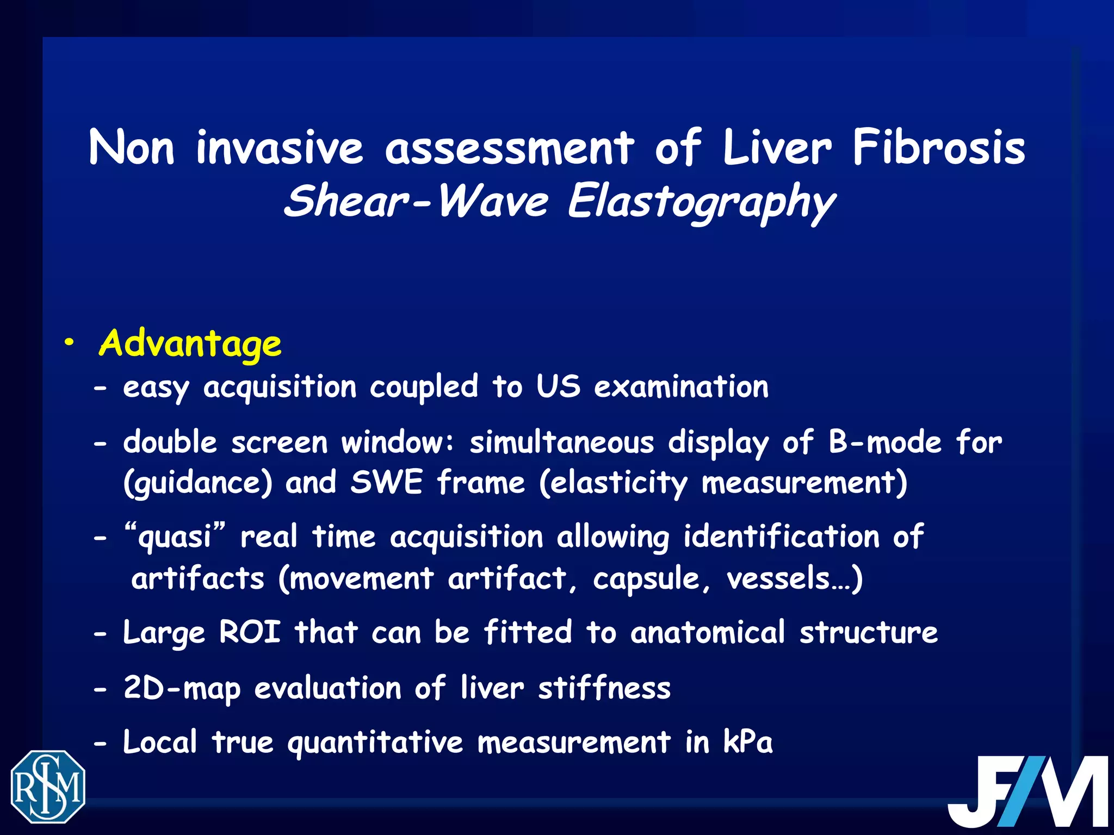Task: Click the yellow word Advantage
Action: point(190,344)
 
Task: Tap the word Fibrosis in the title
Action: point(938,148)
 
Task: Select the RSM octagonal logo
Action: point(48,786)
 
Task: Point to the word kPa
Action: point(747,741)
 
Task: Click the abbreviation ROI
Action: point(250,632)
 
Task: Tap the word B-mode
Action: point(885,442)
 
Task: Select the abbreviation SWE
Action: point(386,482)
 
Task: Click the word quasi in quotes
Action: point(175,537)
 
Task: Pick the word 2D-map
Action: point(182,688)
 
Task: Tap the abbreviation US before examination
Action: point(558,387)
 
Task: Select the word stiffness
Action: point(604,688)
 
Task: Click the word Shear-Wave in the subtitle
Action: point(416,201)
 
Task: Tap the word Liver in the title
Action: point(777,148)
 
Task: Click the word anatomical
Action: point(708,632)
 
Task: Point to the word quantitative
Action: point(375,743)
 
